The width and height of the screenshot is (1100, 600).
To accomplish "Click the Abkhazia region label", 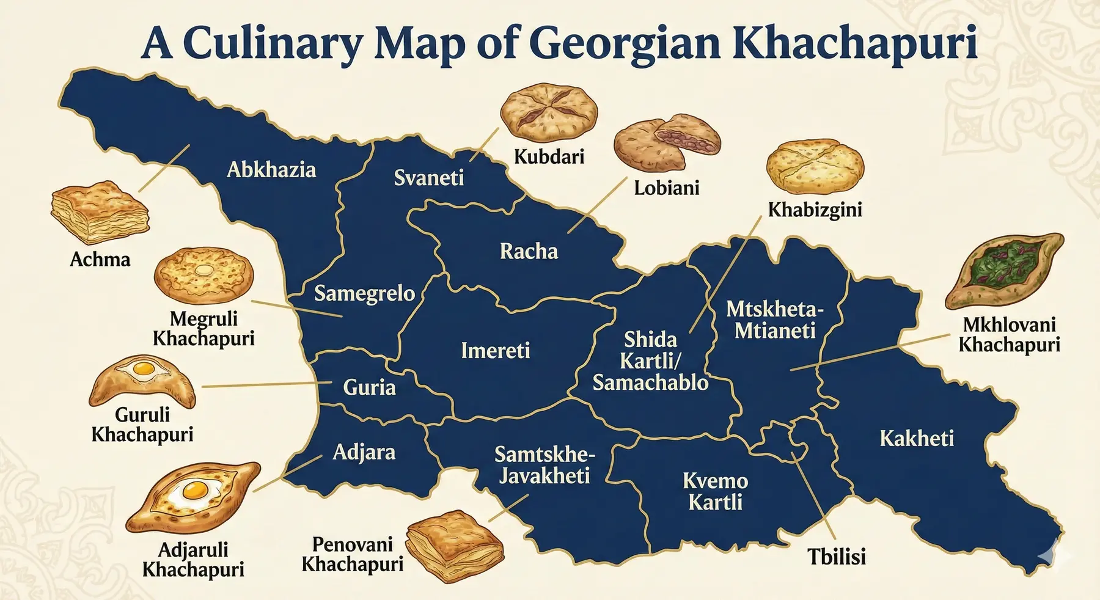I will [271, 169].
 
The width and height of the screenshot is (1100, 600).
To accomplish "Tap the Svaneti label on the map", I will [428, 178].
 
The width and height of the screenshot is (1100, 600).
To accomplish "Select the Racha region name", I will [529, 251].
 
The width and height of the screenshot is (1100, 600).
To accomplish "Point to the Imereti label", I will [495, 351].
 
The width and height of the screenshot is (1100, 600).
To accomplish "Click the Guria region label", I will [369, 387].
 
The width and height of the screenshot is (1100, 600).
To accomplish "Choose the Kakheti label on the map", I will [916, 438].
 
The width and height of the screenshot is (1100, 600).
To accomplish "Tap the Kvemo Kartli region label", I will [715, 491].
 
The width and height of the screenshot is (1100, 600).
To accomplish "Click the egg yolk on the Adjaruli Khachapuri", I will [195, 489].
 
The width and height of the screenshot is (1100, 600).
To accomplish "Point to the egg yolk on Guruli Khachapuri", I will [144, 368].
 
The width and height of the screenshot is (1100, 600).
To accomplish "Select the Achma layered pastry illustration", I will [100, 211].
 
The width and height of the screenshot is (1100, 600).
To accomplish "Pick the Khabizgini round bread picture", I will [815, 166].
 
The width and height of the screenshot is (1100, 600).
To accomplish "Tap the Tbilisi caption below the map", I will [836, 557].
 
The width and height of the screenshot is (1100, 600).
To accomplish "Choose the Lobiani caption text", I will [666, 188].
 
